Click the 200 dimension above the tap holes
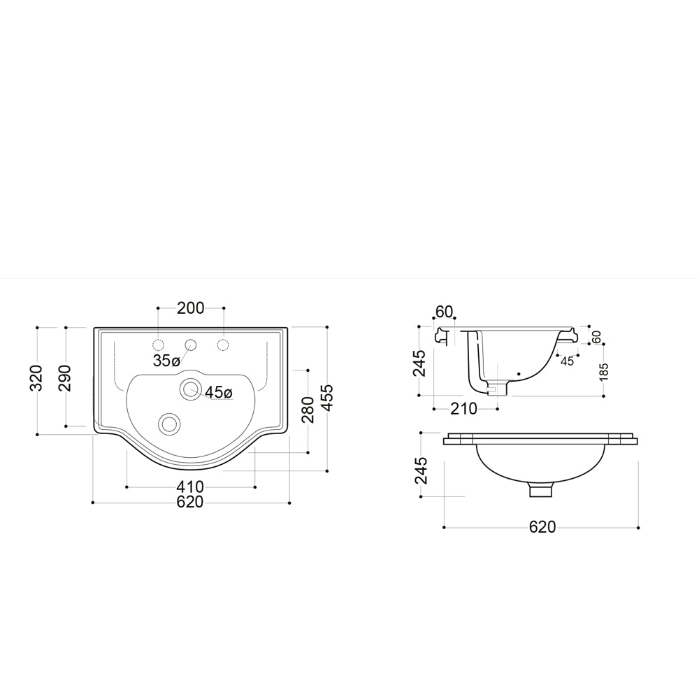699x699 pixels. pyautogui.click(x=190, y=308)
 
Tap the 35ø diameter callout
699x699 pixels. pyautogui.click(x=166, y=361)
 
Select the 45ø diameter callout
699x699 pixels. pyautogui.click(x=218, y=392)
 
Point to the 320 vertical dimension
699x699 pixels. pyautogui.click(x=36, y=378)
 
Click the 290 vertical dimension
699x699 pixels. pyautogui.click(x=65, y=378)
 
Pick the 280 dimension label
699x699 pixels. pyautogui.click(x=308, y=410)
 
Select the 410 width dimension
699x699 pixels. pyautogui.click(x=190, y=487)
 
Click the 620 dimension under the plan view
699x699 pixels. pyautogui.click(x=190, y=502)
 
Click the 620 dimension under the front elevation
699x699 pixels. pyautogui.click(x=542, y=527)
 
